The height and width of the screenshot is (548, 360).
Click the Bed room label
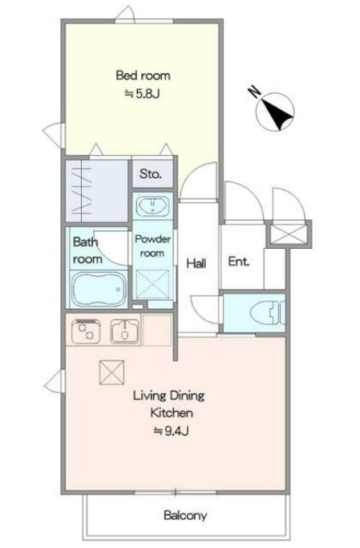[144, 75]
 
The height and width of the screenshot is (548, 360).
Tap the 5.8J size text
[143, 94]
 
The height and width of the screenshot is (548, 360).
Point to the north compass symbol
[275, 112]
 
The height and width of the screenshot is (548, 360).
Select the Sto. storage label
[151, 173]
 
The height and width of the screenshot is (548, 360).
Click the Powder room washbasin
[153, 206]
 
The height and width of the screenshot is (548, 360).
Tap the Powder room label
[152, 246]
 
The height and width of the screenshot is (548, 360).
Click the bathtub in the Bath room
[98, 290]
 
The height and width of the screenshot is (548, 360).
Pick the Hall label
[196, 263]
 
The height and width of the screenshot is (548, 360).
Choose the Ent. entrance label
[239, 262]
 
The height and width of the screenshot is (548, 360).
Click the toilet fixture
[268, 313]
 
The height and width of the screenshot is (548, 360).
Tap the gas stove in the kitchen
[86, 331]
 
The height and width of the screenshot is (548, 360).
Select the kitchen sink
[124, 331]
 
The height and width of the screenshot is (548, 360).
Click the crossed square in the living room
[111, 372]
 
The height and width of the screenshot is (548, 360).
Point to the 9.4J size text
[172, 432]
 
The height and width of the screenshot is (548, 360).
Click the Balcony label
[185, 515]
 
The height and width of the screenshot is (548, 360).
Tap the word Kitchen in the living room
[172, 412]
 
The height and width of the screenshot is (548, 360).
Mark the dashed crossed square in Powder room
[152, 285]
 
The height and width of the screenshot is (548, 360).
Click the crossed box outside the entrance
[289, 234]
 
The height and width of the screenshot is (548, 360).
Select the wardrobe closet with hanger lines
[96, 191]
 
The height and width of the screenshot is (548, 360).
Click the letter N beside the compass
[254, 92]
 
